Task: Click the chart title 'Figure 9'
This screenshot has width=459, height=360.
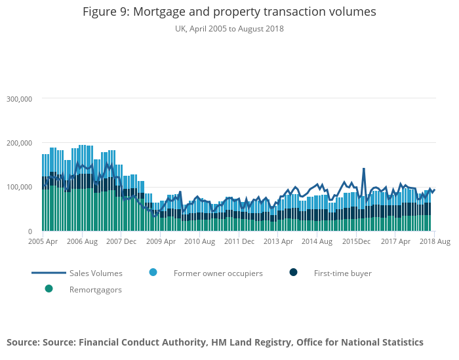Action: coord(229,12)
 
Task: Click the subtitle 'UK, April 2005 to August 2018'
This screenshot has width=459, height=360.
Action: coord(229,29)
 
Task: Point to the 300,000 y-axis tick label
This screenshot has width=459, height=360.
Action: coord(19,99)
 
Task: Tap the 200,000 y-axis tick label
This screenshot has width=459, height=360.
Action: coord(19,143)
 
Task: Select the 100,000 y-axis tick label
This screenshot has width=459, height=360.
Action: coord(19,188)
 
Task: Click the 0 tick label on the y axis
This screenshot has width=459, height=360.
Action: coord(30,231)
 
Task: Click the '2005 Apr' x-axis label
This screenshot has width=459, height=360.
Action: coord(43,242)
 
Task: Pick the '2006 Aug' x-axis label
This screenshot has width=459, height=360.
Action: coord(82,242)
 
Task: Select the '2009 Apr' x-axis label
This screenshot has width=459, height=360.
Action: coord(161,242)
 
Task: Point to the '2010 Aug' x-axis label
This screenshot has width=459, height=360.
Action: coord(200,242)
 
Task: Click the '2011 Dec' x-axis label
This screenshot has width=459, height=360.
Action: coord(239,242)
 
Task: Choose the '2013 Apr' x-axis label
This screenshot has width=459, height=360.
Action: coord(279,242)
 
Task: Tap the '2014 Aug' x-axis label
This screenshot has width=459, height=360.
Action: coord(317,242)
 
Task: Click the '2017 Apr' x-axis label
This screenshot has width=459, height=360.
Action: coord(395,242)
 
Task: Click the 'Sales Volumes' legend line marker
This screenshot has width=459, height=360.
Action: coord(49,273)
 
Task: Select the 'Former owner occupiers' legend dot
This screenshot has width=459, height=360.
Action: coord(153,272)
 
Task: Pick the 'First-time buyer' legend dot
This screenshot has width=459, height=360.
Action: coord(293,272)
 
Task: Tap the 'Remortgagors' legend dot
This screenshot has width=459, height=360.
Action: coord(49,289)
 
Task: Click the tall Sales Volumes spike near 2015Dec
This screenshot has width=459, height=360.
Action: coord(364,169)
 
